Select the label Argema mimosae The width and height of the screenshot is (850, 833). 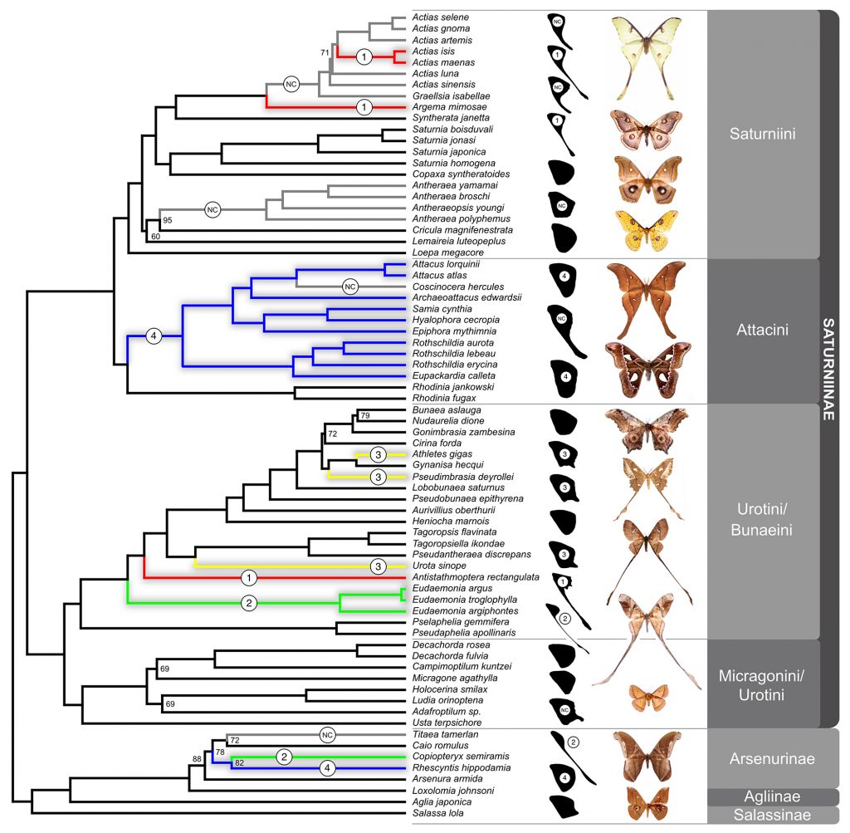pyautogui.click(x=445, y=107)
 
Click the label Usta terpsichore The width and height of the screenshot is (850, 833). pyautogui.click(x=442, y=723)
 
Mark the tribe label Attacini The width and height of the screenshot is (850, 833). pyautogui.click(x=762, y=330)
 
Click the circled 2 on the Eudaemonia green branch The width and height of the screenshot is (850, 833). pyautogui.click(x=248, y=604)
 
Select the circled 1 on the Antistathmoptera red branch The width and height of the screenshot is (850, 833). pyautogui.click(x=248, y=576)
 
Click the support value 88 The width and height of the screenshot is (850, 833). pyautogui.click(x=197, y=758)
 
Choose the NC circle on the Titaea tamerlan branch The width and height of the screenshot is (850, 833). pyautogui.click(x=327, y=735)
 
